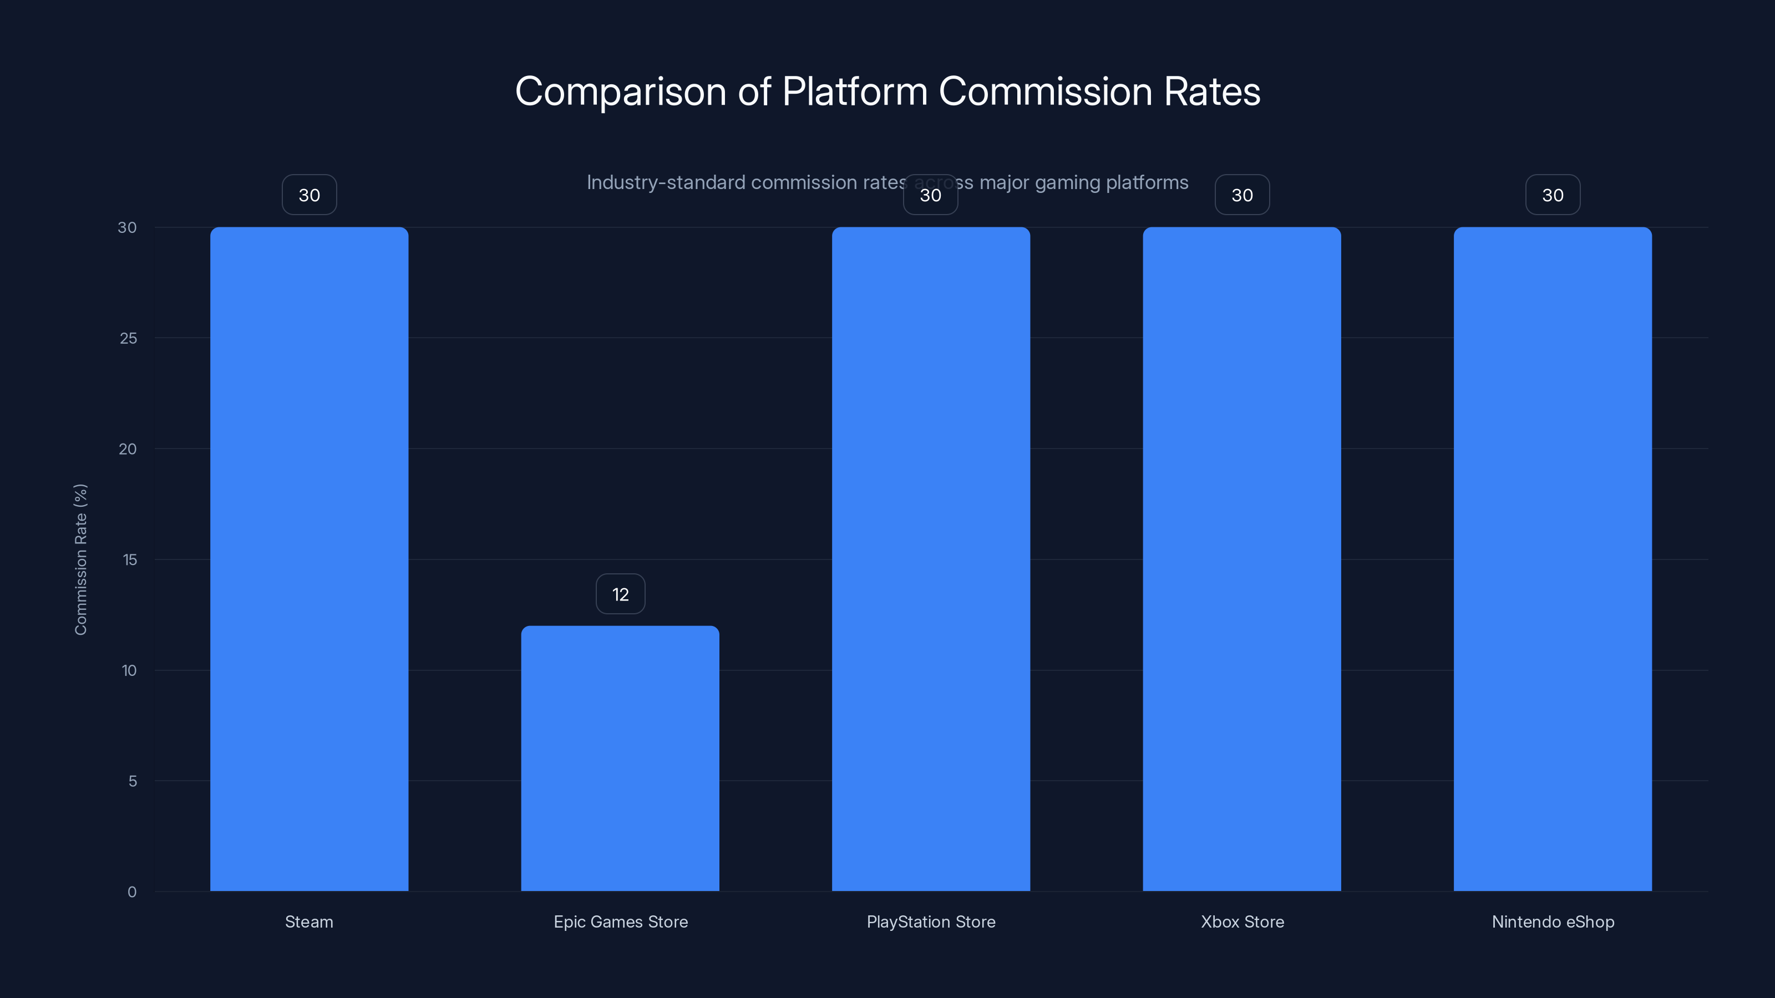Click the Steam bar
coord(309,558)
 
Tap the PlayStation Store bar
coord(930,558)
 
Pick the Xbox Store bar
coord(1242,558)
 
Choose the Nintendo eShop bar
coord(1553,558)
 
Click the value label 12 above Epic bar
coord(620,594)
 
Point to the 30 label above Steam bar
coord(309,195)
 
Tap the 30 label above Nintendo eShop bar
coord(1553,195)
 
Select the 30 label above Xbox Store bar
coord(1242,195)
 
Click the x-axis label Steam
coord(309,921)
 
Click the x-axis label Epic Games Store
coord(620,921)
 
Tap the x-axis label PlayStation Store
coord(930,921)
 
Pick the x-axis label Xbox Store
coord(1242,921)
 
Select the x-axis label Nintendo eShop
coord(1553,921)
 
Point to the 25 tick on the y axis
coord(128,338)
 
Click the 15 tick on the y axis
coord(130,560)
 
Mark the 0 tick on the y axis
coord(131,892)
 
